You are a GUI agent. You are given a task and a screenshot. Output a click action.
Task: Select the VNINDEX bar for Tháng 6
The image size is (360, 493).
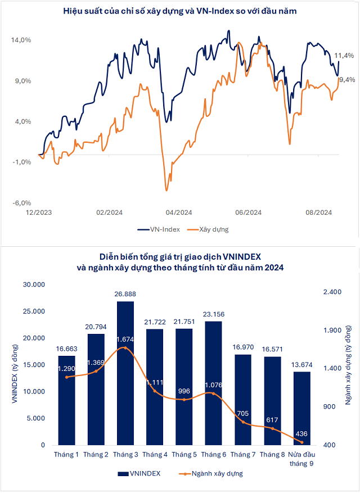[213, 383]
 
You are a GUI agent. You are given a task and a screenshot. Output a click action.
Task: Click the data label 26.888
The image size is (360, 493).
[125, 294]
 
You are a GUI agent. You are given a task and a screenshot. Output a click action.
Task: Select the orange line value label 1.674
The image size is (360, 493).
[125, 340]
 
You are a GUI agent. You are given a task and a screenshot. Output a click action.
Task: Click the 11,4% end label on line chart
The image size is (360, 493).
[344, 56]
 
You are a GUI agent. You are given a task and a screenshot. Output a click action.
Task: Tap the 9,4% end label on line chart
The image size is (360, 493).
[345, 80]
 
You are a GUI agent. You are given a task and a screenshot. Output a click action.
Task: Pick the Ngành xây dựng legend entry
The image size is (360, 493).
[212, 473]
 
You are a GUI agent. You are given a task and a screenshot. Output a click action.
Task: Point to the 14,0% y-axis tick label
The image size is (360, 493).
[21, 40]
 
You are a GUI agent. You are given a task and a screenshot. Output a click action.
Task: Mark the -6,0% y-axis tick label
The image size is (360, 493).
[21, 203]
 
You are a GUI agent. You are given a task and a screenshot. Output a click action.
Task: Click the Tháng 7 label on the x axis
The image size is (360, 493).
[242, 454]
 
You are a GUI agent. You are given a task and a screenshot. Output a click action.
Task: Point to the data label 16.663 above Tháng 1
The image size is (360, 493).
[66, 349]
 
